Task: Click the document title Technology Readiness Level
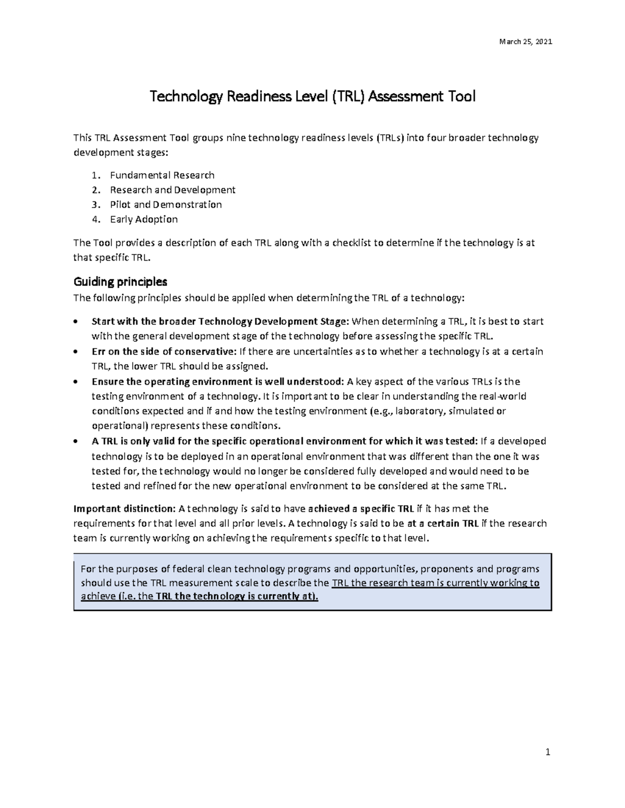[x=312, y=97]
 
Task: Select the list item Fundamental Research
[x=162, y=175]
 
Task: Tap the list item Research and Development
[x=172, y=190]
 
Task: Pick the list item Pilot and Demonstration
[x=166, y=204]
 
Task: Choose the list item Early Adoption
[x=144, y=219]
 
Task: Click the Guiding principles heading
[x=120, y=282]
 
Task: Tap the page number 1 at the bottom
[x=547, y=752]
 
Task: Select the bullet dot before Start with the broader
[x=77, y=322]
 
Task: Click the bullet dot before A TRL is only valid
[x=77, y=442]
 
